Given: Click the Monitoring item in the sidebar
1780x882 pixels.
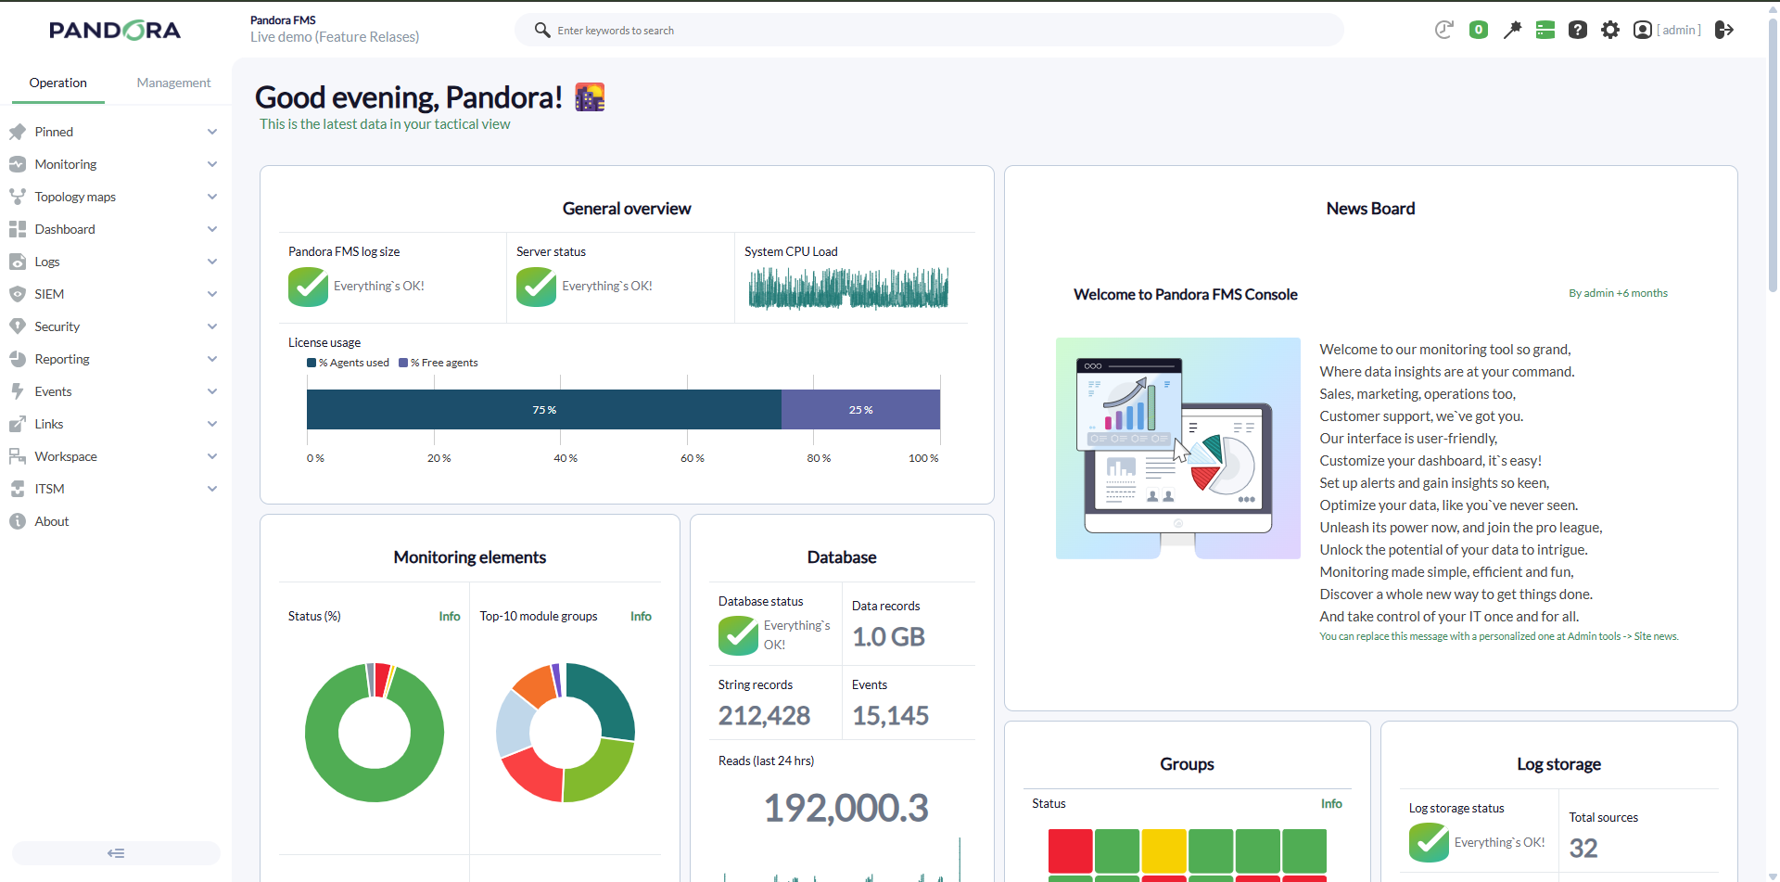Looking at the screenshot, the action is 66,164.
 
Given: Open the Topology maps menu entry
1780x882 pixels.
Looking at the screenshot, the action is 75,197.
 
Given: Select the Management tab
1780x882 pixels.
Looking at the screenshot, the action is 173,83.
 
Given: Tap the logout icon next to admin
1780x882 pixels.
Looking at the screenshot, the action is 1724,30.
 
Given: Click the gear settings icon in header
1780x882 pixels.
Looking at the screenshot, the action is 1610,30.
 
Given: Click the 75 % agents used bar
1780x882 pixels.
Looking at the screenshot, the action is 544,410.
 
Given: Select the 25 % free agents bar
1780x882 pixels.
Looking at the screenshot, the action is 860,410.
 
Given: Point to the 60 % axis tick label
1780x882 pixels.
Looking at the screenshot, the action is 693,458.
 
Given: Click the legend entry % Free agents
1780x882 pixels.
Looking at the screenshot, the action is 439,363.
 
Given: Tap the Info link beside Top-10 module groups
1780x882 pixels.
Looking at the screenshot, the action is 641,616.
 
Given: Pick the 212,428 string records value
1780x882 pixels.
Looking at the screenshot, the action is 764,716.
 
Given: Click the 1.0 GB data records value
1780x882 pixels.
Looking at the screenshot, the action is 888,637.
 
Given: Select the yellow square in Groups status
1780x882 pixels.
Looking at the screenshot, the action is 1163,851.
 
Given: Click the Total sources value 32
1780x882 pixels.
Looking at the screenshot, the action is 1583,849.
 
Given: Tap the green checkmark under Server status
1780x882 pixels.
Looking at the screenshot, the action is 536,287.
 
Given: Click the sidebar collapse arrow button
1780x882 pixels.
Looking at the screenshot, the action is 116,853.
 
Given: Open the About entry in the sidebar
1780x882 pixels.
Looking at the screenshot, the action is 52,521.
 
